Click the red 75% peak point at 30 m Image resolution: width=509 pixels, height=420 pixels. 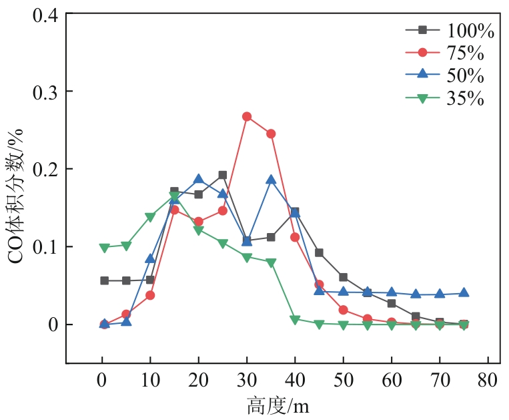[247, 116]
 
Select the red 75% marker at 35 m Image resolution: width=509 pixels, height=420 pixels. [271, 134]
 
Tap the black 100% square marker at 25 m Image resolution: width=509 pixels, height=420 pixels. [223, 175]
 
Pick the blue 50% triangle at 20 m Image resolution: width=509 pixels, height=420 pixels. [198, 179]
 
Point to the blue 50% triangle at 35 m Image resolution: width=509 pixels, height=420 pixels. [271, 180]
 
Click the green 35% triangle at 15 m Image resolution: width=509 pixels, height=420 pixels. [174, 196]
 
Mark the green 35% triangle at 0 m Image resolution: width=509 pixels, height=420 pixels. [104, 248]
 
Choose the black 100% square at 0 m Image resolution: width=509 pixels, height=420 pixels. [104, 280]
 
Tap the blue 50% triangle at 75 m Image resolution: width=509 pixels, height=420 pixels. [464, 293]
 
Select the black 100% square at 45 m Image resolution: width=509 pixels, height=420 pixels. [319, 252]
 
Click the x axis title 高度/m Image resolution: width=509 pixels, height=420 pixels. [278, 405]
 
